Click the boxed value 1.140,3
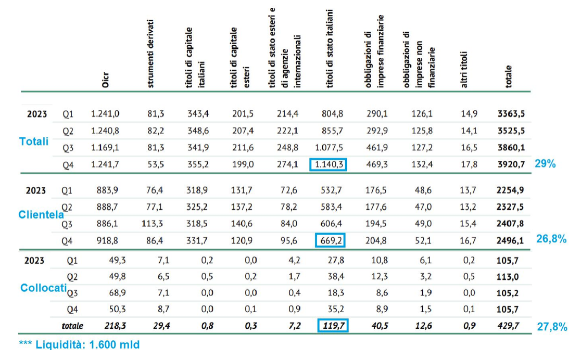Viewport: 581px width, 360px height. click(328, 164)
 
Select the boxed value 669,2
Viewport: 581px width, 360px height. click(330, 240)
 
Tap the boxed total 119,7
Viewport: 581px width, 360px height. click(333, 326)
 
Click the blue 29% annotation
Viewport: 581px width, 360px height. click(545, 164)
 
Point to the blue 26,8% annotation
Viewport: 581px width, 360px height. click(551, 239)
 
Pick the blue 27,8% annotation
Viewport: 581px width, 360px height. click(552, 327)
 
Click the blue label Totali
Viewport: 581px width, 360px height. click(34, 141)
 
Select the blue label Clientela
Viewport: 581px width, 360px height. click(41, 214)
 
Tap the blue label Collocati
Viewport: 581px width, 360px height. click(43, 288)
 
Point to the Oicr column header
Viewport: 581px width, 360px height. click(106, 80)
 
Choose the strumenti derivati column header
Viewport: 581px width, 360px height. click(150, 54)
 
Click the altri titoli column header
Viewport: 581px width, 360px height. click(464, 70)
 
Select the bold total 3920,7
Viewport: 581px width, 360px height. click(511, 164)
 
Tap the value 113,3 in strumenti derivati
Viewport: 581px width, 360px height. click(153, 224)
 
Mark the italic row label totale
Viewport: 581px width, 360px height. click(72, 326)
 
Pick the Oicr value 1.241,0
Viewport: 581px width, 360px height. click(105, 114)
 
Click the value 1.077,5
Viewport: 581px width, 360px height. click(329, 147)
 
